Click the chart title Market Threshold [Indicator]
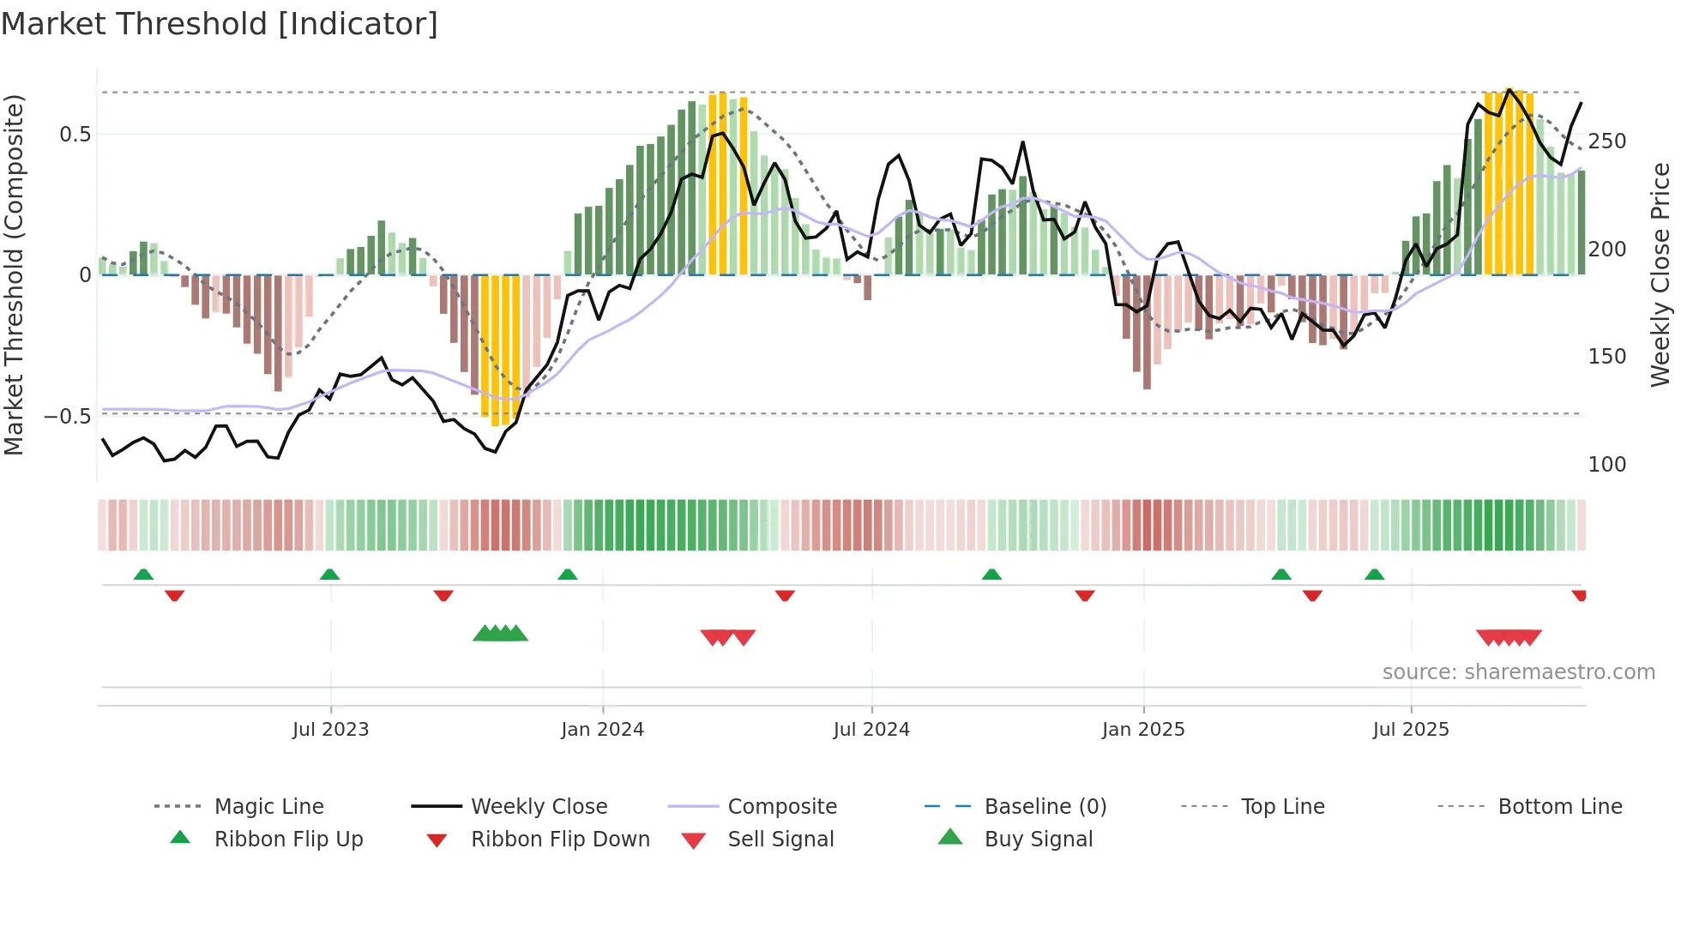coord(220,24)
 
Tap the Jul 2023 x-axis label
coord(330,730)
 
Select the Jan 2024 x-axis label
coord(602,730)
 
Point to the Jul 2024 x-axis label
coord(871,730)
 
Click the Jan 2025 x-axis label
coord(1143,730)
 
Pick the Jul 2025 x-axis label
coord(1411,730)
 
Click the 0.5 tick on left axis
coord(75,135)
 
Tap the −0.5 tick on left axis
coord(68,417)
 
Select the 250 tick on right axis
coord(1606,141)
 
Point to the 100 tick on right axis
coord(1606,465)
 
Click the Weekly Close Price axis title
coord(1660,274)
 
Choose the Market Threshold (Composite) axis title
coord(15,274)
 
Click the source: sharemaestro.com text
coord(1518,672)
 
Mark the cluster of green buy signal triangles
coord(501,634)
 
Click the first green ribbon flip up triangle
coord(143,575)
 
